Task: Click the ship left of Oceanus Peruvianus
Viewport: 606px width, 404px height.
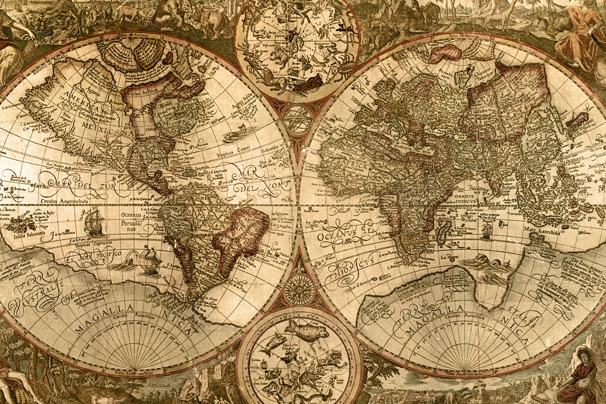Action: point(95,222)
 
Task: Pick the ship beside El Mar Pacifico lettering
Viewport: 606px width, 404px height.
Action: point(149,260)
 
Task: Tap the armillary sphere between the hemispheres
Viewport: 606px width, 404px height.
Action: point(297,118)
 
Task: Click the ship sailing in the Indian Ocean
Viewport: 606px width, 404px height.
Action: point(486,230)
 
